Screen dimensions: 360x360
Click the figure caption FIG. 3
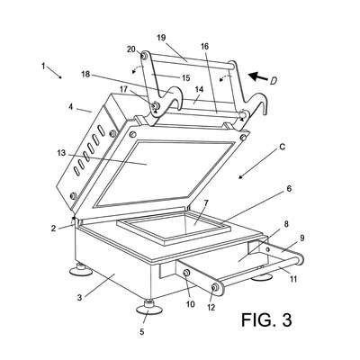[266, 319]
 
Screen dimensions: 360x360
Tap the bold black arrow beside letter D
[259, 76]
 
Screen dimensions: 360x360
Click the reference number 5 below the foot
[142, 332]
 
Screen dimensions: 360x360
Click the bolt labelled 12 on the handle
[214, 287]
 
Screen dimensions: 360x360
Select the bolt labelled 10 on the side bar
[186, 273]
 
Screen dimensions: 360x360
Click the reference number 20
[131, 49]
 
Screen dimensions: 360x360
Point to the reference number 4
[71, 106]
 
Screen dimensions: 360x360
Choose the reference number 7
[206, 202]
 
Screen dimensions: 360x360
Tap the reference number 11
[293, 279]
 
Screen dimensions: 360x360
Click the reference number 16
[204, 46]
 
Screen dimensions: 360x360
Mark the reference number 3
[79, 298]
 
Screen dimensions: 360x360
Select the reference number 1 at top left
[43, 66]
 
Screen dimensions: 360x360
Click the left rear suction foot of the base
[81, 269]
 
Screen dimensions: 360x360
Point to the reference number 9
[301, 238]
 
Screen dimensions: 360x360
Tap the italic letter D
[273, 81]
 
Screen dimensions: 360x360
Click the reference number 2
[53, 229]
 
